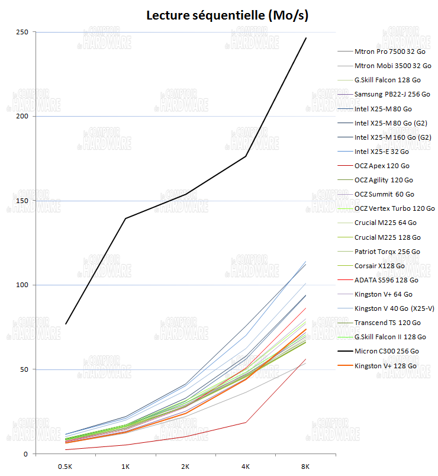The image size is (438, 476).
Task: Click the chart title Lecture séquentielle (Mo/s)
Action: tap(227, 15)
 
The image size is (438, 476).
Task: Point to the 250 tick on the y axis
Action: tap(22, 32)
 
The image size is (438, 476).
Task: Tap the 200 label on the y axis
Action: tap(22, 117)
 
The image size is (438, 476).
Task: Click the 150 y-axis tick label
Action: tap(22, 201)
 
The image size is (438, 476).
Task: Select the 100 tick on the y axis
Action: tap(22, 285)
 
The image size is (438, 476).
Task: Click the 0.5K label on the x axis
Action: tap(66, 467)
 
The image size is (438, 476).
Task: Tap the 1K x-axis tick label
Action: tap(125, 467)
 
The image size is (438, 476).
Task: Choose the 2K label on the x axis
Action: tap(186, 467)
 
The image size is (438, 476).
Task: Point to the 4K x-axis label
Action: tap(246, 467)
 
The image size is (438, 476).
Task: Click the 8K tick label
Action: tap(305, 467)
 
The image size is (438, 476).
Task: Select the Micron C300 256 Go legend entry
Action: tap(387, 351)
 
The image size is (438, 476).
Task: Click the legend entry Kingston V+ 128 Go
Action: tap(385, 366)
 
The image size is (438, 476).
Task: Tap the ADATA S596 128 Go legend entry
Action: tap(386, 280)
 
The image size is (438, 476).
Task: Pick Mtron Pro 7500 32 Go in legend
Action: tap(390, 52)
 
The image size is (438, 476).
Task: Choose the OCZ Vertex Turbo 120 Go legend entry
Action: tap(394, 208)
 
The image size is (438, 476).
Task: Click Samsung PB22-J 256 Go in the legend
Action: tap(392, 94)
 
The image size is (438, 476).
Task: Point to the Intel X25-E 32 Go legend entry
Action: tap(382, 152)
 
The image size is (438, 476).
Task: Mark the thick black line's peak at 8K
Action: tap(305, 38)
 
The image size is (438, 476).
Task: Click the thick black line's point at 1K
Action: tap(125, 218)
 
